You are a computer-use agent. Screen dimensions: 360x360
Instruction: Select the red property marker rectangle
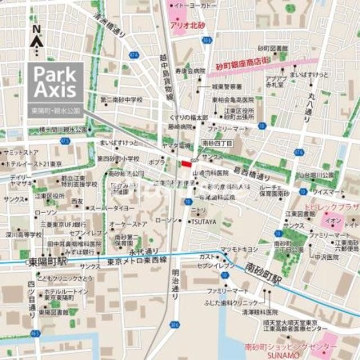click(186, 163)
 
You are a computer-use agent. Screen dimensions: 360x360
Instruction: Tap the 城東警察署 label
click(227, 87)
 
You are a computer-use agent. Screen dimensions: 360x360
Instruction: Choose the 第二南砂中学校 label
click(121, 100)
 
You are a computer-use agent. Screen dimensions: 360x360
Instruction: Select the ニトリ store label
click(199, 211)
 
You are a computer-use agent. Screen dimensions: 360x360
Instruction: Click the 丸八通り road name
click(310, 109)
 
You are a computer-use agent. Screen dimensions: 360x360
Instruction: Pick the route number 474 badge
click(133, 55)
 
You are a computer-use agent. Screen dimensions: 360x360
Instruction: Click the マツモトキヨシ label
click(239, 249)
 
